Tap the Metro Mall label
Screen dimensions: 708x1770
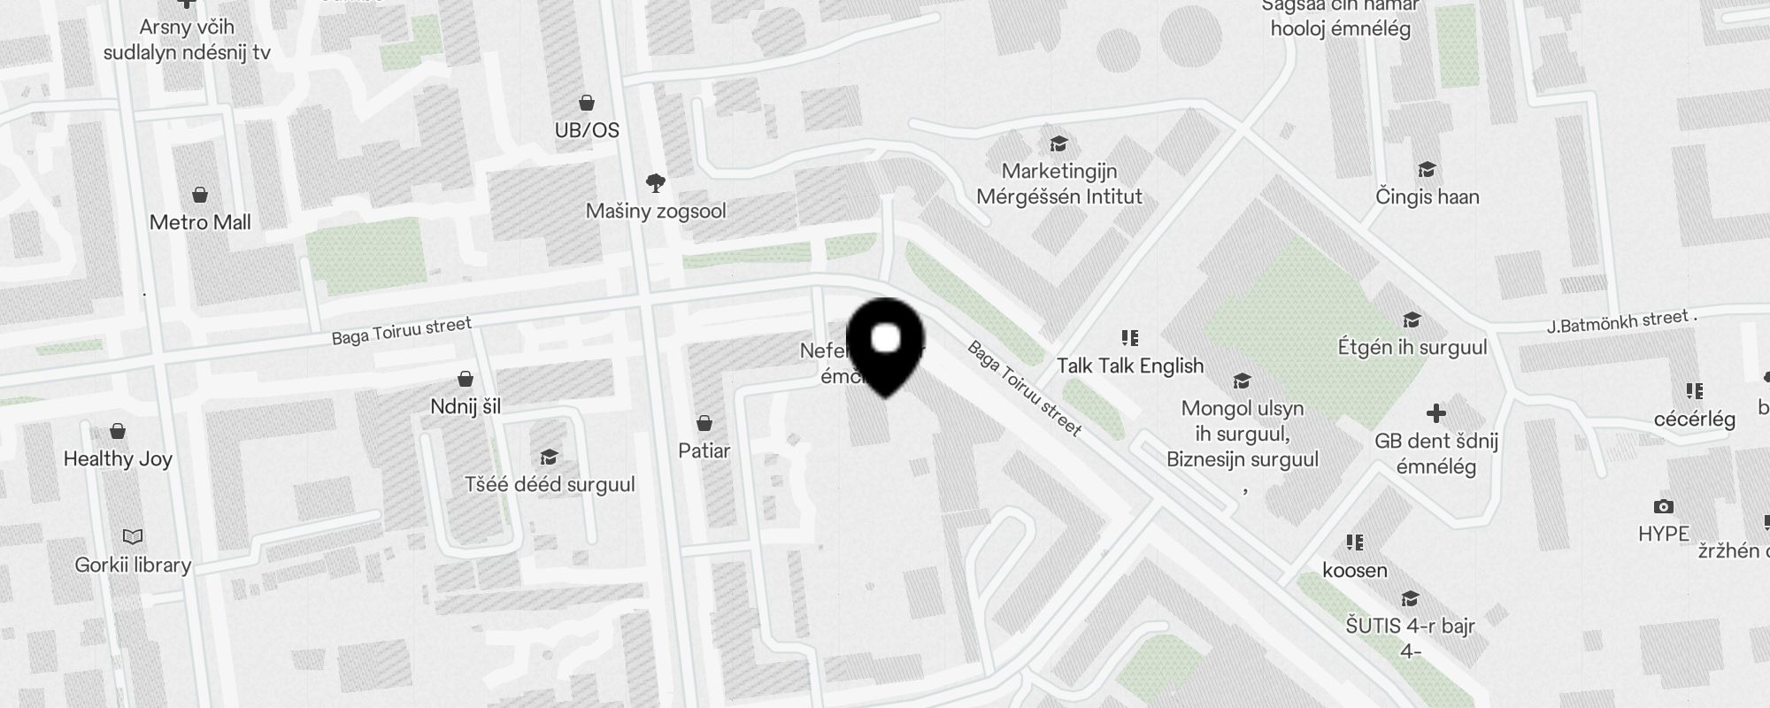point(200,222)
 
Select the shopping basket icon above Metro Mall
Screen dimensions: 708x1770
point(200,195)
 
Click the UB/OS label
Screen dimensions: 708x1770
point(587,130)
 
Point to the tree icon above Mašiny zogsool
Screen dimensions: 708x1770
point(656,183)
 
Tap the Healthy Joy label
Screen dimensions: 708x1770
point(118,458)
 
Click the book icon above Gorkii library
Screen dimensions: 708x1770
point(133,536)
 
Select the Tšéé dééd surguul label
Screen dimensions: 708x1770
point(550,484)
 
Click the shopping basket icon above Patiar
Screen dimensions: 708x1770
point(704,423)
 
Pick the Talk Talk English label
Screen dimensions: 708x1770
point(1130,366)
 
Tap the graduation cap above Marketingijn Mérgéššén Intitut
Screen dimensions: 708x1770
point(1058,143)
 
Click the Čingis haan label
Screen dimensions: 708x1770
point(1427,196)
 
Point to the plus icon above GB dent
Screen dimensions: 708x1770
point(1436,413)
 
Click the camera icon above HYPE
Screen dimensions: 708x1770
point(1664,507)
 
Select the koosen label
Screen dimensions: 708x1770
point(1355,570)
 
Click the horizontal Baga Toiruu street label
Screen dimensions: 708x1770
point(402,331)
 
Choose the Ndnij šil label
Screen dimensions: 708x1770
point(466,406)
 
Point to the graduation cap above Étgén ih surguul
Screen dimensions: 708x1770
point(1412,319)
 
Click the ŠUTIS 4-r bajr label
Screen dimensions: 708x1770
point(1410,627)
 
